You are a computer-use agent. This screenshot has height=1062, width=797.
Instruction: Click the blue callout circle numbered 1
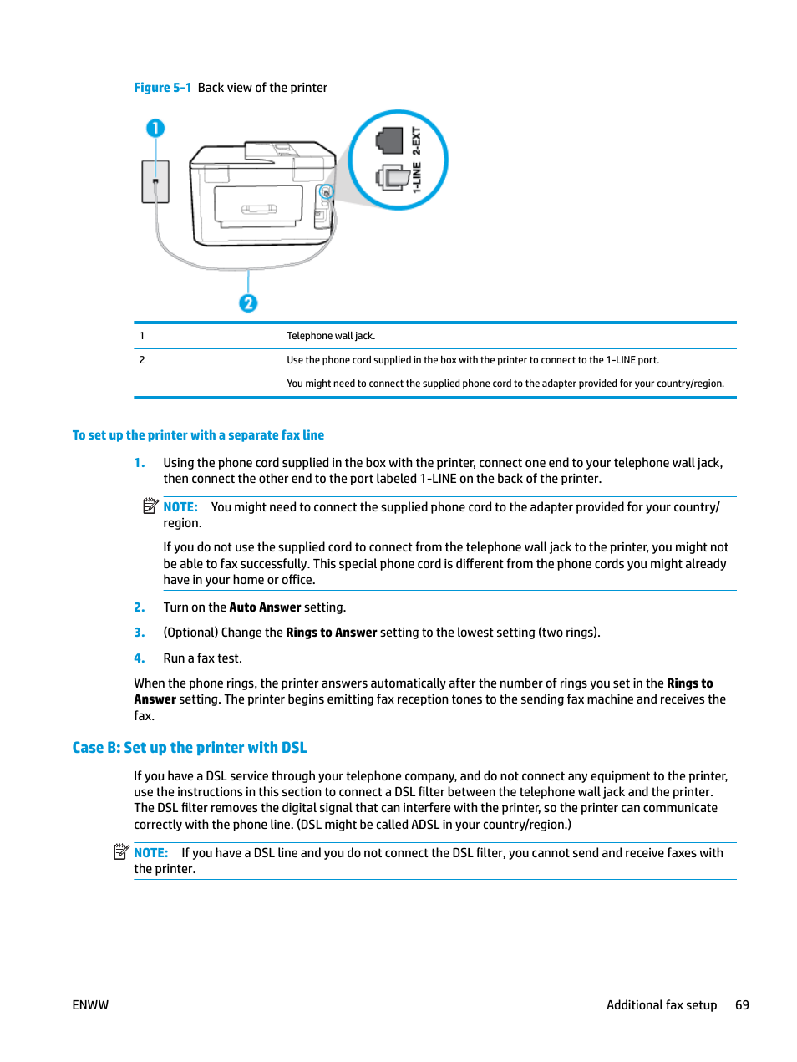[155, 128]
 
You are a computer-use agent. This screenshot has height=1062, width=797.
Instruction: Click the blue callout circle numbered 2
[248, 303]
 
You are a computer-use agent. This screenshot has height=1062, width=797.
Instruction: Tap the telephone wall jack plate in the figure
[155, 181]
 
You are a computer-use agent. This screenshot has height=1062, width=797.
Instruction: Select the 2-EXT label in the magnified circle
[416, 140]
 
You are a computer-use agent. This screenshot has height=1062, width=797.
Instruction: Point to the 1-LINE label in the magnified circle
[416, 177]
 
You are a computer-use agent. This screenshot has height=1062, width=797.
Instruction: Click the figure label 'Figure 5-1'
[162, 88]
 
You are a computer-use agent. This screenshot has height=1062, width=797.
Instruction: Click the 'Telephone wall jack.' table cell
[331, 336]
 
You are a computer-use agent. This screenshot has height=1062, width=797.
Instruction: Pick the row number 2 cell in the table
[142, 360]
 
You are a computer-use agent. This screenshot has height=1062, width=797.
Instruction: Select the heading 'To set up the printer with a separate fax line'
[198, 435]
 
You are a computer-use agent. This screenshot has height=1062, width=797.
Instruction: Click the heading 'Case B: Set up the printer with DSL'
[190, 748]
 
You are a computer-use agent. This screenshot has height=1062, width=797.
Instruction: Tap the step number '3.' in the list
[140, 633]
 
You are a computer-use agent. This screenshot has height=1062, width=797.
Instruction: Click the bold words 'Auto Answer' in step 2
[265, 607]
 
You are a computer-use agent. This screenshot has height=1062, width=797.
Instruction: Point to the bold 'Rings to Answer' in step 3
[331, 633]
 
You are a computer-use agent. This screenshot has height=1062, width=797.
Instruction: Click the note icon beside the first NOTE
[150, 506]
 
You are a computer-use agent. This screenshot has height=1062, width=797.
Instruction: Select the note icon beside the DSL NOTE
[121, 851]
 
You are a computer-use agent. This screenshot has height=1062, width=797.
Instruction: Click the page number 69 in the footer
[742, 1005]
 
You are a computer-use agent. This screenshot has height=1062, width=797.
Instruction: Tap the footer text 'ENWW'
[90, 1005]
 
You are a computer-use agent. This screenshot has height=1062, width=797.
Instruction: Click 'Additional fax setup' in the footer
[662, 1005]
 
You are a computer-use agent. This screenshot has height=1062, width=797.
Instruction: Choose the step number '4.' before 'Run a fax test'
[140, 658]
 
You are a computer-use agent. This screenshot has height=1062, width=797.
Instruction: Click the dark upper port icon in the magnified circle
[389, 140]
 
